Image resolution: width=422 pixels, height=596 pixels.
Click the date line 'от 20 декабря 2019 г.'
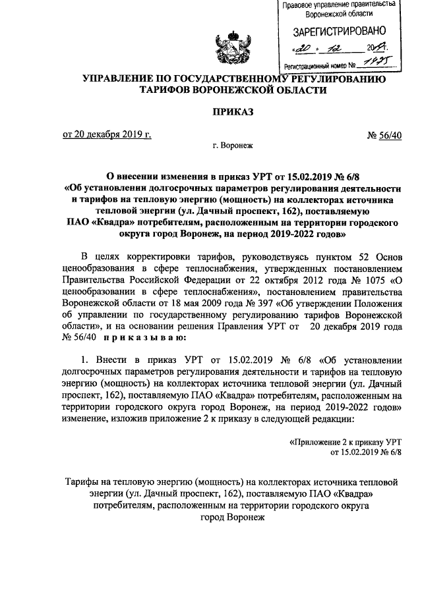click(106, 135)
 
